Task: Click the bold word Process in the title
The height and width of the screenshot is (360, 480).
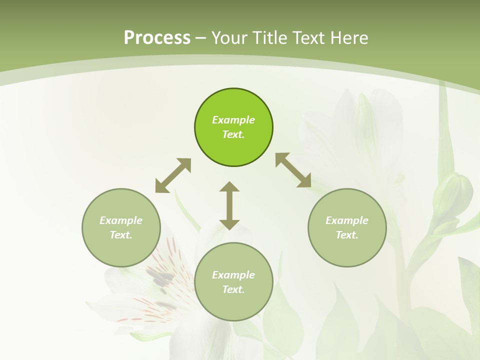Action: point(157,38)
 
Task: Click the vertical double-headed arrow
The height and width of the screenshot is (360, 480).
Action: point(229,205)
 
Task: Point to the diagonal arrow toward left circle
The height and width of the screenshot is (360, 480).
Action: point(173,175)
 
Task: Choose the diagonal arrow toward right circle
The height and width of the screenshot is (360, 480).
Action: point(293,170)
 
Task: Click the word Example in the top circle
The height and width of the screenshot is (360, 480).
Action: point(233,120)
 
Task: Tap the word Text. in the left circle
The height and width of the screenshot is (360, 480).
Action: point(121,235)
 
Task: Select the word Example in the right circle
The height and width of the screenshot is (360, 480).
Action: point(347,220)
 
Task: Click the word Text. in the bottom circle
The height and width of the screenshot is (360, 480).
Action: point(233,289)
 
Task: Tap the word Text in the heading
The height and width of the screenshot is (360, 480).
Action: point(307,38)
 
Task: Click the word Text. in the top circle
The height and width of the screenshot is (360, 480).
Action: point(233,135)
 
